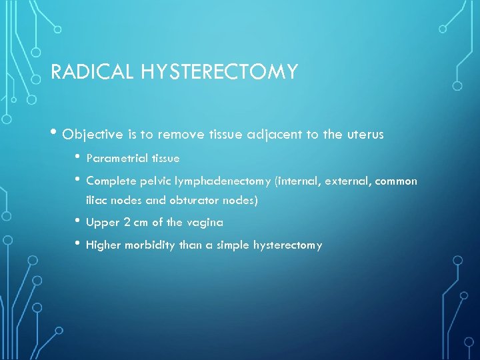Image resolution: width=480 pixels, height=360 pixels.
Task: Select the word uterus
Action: (x=365, y=135)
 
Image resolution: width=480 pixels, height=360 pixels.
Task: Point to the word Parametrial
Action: (x=116, y=159)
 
